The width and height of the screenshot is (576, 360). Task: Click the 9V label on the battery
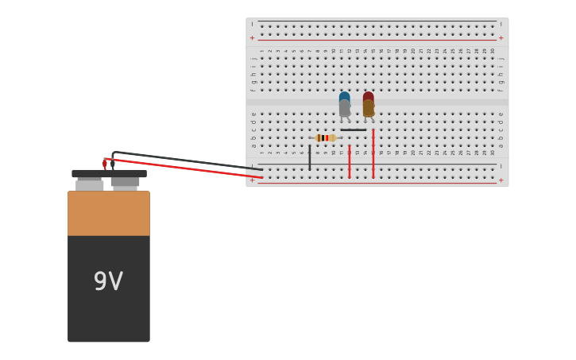click(108, 281)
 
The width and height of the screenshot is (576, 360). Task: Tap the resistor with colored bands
click(326, 137)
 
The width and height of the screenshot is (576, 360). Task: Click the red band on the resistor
click(326, 137)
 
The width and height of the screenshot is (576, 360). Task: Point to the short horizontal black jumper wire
click(354, 130)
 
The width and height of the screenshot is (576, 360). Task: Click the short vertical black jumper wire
click(310, 157)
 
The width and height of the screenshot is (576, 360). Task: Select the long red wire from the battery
click(191, 168)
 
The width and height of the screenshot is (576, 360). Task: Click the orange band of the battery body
click(108, 213)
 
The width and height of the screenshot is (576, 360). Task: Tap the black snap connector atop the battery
click(109, 173)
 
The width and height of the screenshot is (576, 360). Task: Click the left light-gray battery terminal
click(90, 184)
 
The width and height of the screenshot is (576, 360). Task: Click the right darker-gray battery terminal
click(125, 183)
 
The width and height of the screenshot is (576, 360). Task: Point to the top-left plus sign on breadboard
click(253, 37)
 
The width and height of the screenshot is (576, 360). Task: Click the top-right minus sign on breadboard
click(501, 24)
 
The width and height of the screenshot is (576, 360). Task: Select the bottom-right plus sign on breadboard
click(501, 180)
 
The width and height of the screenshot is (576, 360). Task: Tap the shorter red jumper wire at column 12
click(349, 161)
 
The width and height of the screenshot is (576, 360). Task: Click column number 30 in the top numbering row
click(493, 51)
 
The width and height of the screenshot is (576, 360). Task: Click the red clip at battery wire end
click(104, 164)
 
